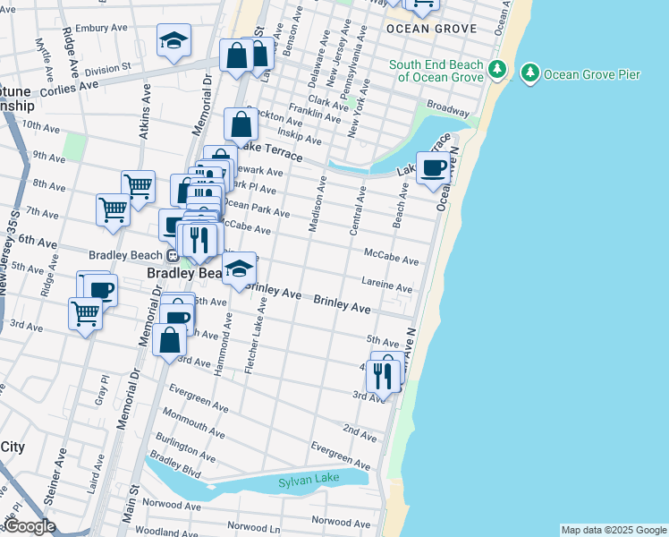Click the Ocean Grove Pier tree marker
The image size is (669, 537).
530,72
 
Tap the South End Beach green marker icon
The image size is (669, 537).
498,69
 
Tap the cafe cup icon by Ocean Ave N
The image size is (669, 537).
434,167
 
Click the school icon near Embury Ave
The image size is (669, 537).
174,40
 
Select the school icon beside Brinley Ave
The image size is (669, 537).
239,268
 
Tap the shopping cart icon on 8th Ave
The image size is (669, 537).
138,186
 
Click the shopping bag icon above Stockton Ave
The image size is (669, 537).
241,124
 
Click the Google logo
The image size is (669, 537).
29,526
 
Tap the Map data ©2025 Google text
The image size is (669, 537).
614,530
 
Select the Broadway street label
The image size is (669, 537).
448,108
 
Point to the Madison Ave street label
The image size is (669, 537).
316,205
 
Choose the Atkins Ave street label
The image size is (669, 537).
145,107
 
